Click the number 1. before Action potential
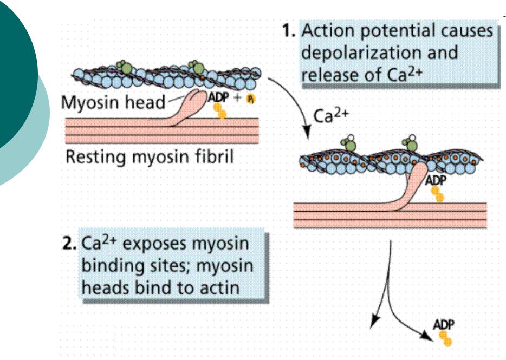289,31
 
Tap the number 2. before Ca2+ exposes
69,244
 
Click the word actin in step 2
219,287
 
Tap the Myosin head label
113,102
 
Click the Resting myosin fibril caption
150,158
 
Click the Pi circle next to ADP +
250,99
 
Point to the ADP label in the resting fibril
218,97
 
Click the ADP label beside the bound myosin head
436,180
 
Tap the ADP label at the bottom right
443,324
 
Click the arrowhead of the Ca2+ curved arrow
306,133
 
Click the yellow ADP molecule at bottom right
445,338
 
